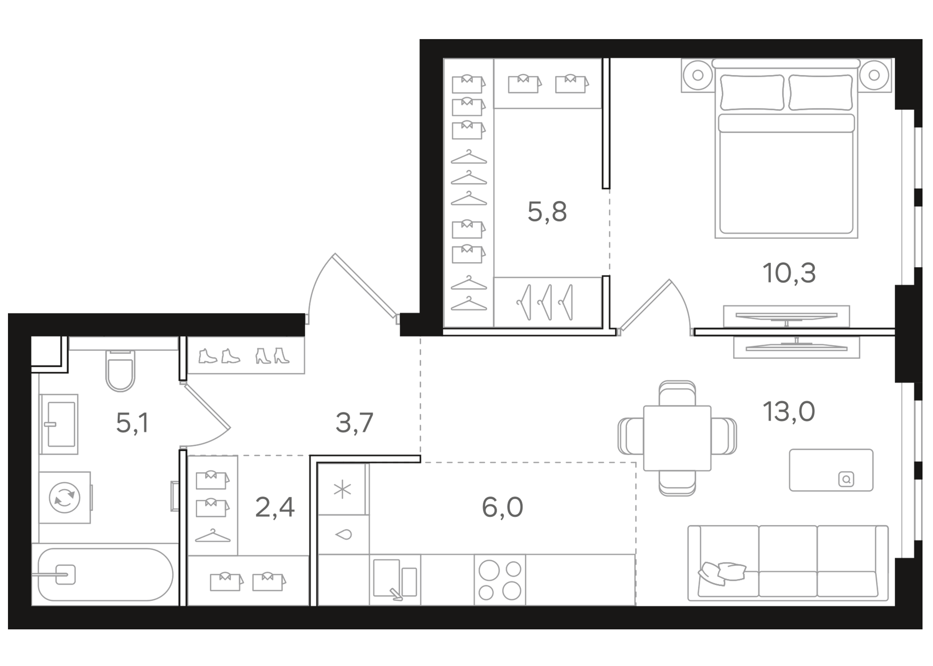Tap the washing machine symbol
pyautogui.click(x=65, y=497)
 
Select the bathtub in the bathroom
pyautogui.click(x=105, y=575)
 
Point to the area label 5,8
pyautogui.click(x=547, y=212)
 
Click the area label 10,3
pyautogui.click(x=789, y=273)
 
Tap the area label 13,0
pyautogui.click(x=789, y=412)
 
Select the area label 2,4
pyautogui.click(x=275, y=507)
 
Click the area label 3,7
pyautogui.click(x=354, y=423)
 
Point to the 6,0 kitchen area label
pyautogui.click(x=502, y=507)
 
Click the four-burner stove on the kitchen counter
pyautogui.click(x=500, y=579)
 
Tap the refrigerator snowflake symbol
pyautogui.click(x=343, y=490)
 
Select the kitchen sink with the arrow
pyautogui.click(x=395, y=579)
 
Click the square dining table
pyautogui.click(x=677, y=438)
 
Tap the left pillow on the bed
pyautogui.click(x=752, y=92)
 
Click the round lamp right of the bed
pyautogui.click(x=874, y=75)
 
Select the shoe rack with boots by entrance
pyautogui.click(x=245, y=355)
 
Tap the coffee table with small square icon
pyautogui.click(x=831, y=470)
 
